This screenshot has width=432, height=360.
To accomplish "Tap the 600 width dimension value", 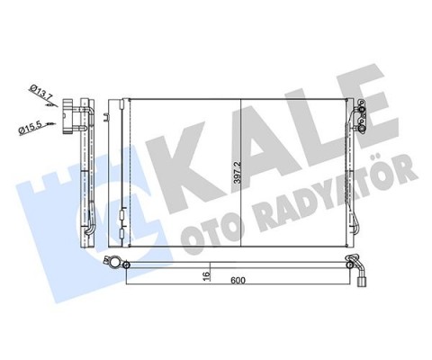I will tap(238, 281).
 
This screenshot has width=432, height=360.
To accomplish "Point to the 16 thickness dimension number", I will tap(205, 276).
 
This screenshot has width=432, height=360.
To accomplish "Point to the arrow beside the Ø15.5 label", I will tap(60, 117).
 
